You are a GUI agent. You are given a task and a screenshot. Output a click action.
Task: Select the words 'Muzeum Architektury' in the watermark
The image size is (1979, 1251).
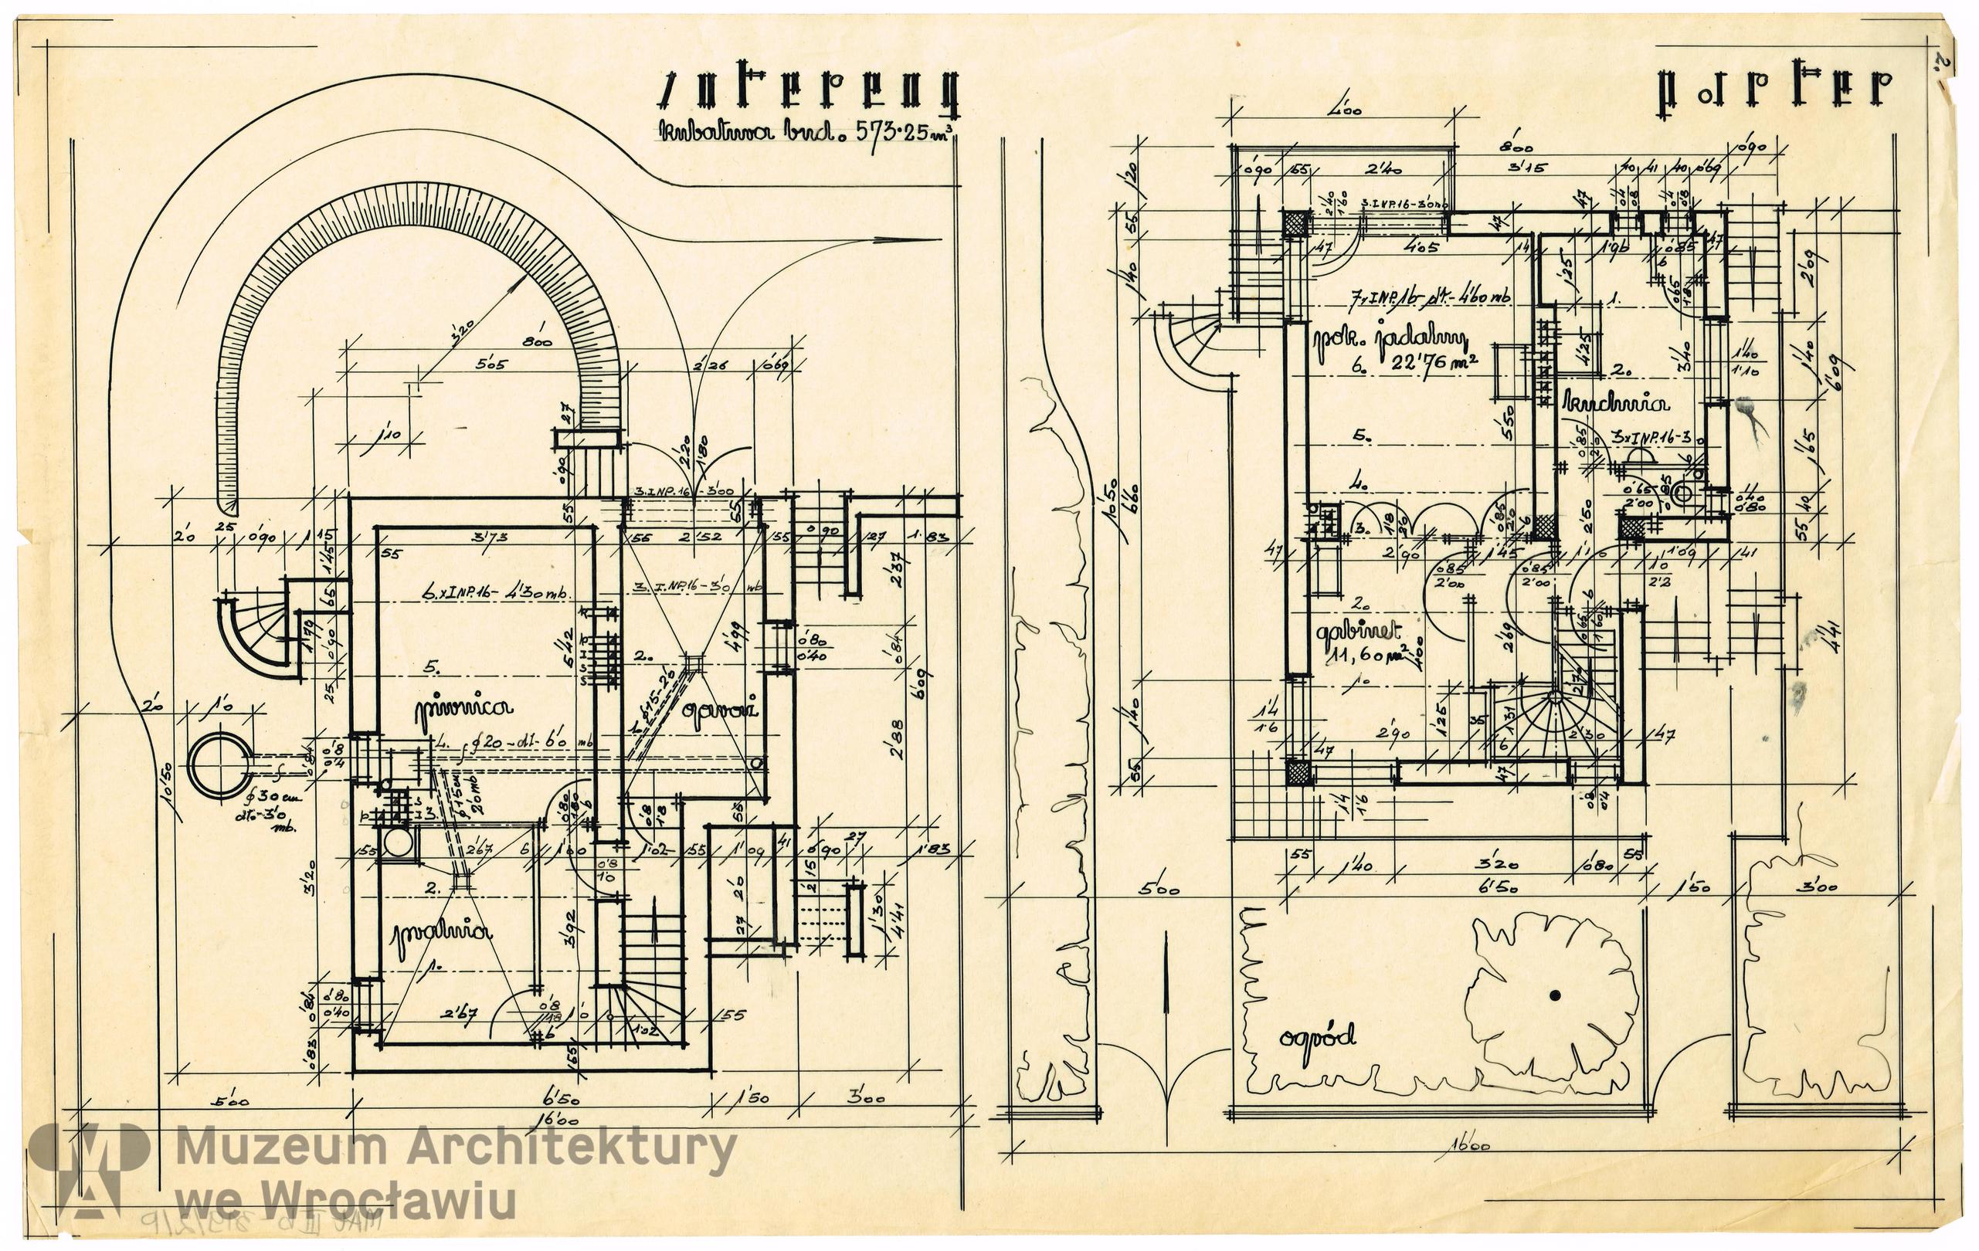click(x=456, y=1151)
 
